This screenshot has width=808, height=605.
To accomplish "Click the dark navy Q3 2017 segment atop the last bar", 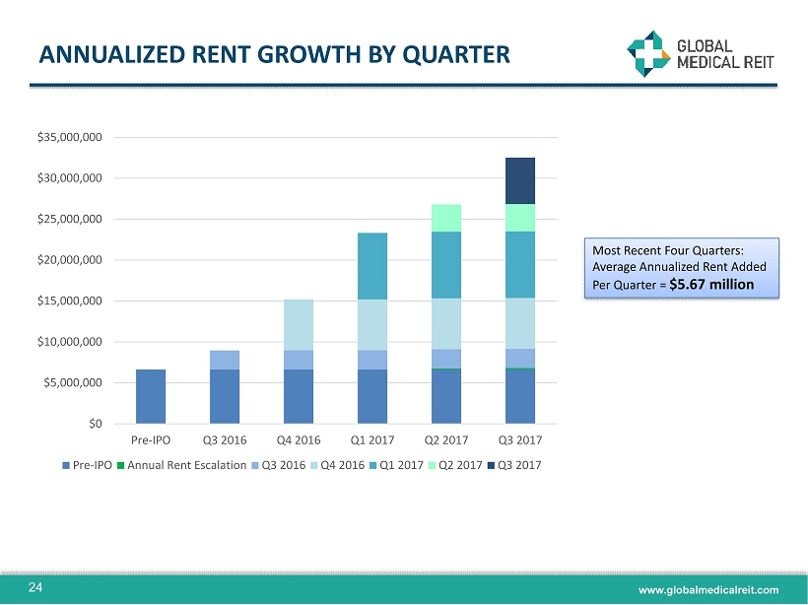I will coord(519,180).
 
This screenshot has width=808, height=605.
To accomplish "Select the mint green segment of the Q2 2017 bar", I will coord(445,218).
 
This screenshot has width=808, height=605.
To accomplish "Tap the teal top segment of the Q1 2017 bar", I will coord(371,266).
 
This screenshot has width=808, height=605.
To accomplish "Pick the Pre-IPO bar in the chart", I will coord(150,396).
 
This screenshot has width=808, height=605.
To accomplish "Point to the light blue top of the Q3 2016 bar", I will coord(224,360).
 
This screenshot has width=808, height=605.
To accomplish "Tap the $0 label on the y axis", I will coord(95,424).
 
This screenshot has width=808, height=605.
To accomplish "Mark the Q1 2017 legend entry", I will coord(399,464).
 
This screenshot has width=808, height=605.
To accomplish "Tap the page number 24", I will coord(35,588).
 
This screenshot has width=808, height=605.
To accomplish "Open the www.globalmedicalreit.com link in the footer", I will coord(708,589).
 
